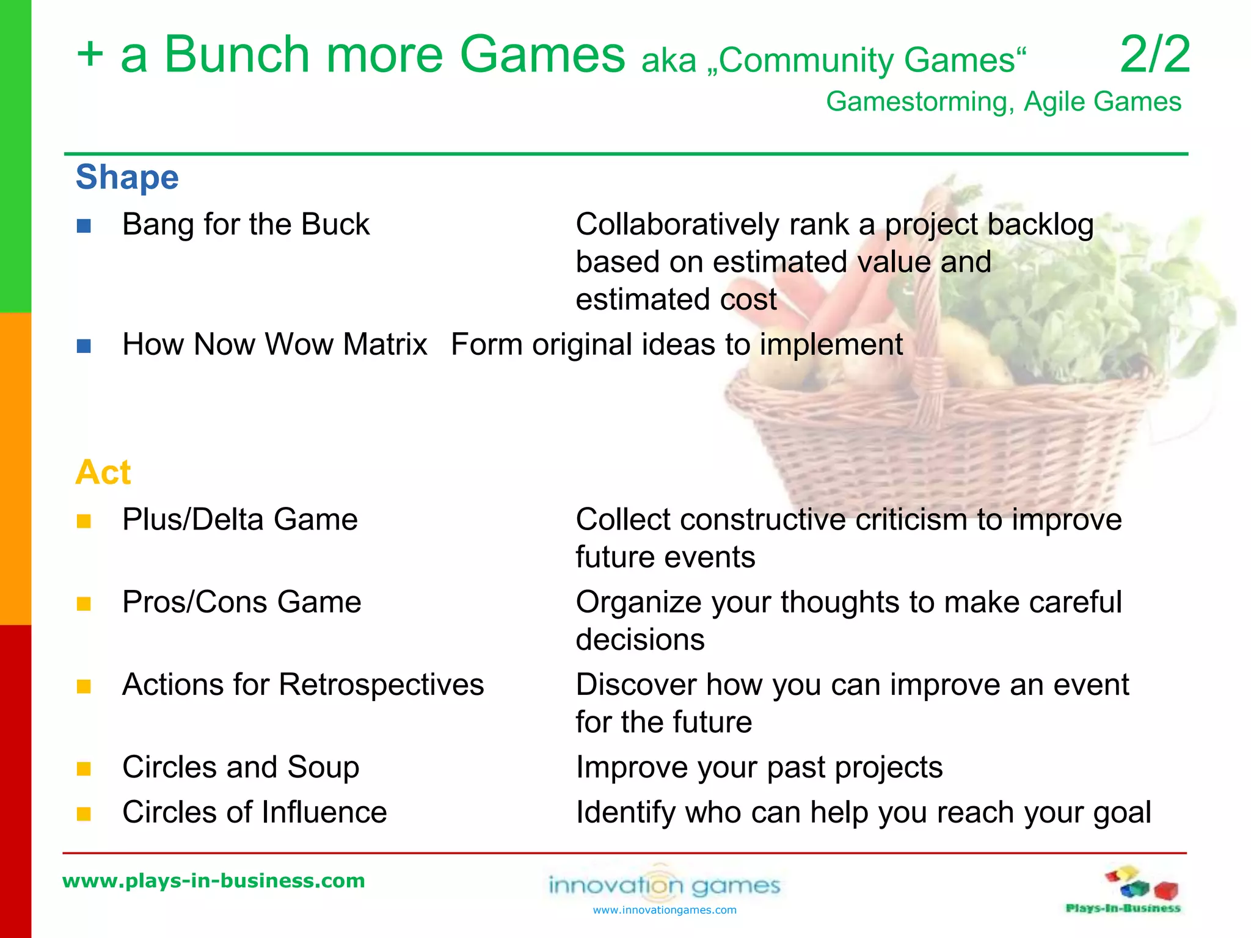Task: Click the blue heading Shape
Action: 127,178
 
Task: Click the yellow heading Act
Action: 103,473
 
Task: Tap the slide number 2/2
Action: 1154,55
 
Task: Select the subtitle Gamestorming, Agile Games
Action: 1003,102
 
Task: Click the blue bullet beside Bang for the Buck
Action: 84,227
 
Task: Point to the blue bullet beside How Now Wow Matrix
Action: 84,347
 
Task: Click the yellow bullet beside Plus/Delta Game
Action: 84,522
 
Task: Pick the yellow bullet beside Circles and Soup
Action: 84,769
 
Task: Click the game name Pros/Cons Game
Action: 241,602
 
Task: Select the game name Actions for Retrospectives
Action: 303,685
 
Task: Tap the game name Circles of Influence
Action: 254,812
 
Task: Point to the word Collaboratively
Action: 677,225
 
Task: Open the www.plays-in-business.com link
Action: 214,881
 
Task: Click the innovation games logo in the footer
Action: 665,884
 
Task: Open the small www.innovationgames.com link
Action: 665,911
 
